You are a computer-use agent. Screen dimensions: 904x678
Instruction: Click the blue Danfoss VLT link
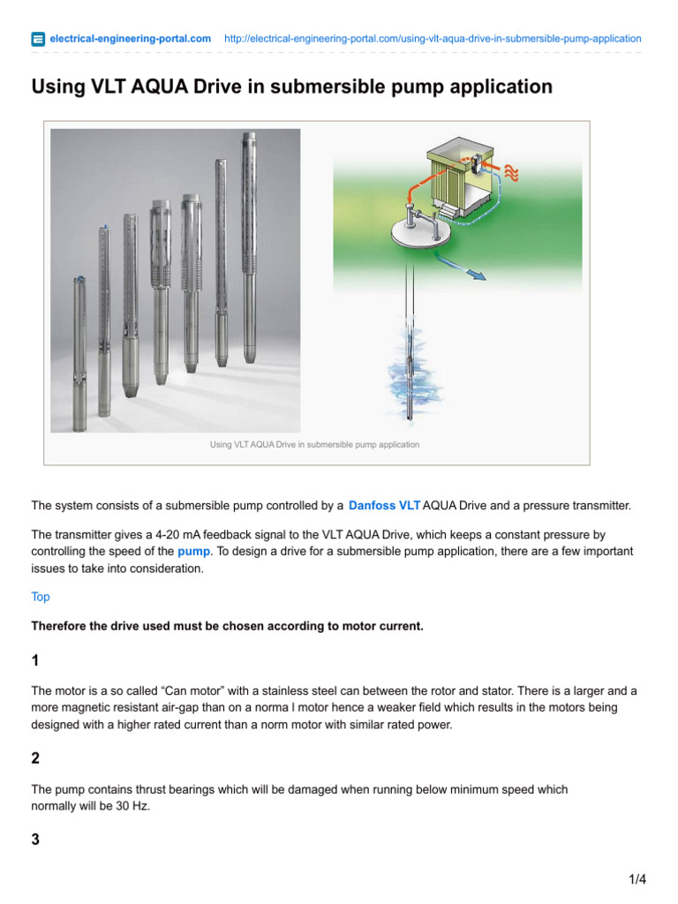pos(384,506)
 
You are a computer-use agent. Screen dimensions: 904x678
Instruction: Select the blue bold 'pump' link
pos(193,550)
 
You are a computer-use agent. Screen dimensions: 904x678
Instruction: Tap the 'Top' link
pos(41,597)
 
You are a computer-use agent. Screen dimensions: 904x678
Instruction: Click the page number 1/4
pos(637,879)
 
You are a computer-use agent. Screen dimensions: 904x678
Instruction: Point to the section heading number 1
pos(35,661)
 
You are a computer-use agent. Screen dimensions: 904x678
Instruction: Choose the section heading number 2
pos(35,758)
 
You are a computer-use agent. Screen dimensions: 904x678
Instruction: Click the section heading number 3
pos(35,840)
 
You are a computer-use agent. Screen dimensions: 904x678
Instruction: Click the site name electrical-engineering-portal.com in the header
pos(130,39)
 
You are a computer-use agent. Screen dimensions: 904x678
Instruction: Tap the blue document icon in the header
pos(38,39)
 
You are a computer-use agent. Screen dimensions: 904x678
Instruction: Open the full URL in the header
pos(433,39)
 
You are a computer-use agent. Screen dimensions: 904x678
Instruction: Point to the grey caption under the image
pos(314,445)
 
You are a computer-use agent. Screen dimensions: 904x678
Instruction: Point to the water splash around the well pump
pos(409,371)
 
